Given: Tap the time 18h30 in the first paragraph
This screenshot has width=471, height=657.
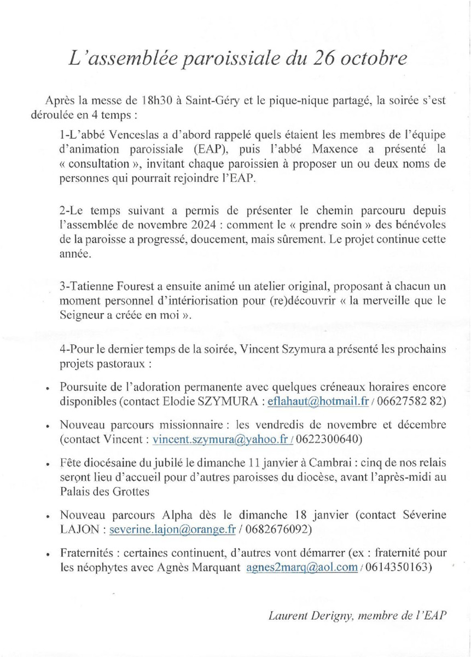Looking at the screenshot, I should click(x=155, y=102).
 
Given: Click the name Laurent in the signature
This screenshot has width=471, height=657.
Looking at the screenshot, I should click(x=288, y=615).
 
